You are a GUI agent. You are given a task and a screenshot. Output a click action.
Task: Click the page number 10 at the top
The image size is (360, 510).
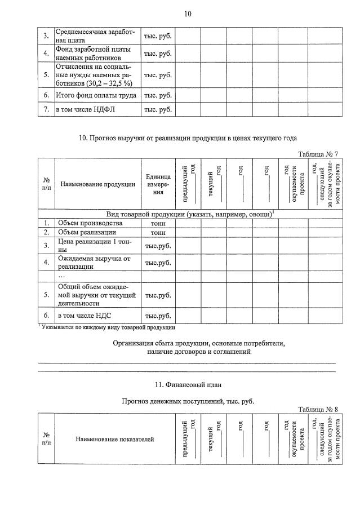[x=188, y=14]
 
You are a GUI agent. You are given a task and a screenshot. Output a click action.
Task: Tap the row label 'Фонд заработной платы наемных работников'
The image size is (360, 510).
[x=93, y=54]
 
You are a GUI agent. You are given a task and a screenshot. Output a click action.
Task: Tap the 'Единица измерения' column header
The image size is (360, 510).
[x=158, y=184]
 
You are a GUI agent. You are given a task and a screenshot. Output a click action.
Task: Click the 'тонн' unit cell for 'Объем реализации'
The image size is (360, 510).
[x=158, y=233]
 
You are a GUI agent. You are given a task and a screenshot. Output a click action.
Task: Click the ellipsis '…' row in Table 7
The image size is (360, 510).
[x=62, y=277]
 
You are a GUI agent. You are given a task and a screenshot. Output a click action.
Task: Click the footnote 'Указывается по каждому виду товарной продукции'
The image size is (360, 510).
[x=107, y=327]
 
